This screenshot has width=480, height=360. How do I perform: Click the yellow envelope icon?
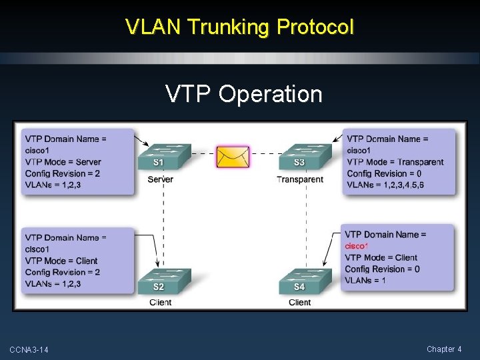tap(233, 157)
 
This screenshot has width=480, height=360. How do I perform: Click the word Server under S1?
tap(160, 179)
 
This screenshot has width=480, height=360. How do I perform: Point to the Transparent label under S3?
tap(300, 179)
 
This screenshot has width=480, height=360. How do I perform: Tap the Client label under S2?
tap(160, 303)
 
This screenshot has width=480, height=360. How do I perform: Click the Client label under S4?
tap(300, 303)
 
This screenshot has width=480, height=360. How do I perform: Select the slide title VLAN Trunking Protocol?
tap(240, 27)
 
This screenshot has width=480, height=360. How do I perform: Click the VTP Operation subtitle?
tap(244, 94)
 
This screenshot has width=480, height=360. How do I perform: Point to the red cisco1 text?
tap(357, 246)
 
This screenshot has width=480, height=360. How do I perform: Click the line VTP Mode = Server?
tap(63, 162)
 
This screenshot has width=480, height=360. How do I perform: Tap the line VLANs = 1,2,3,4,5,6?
tap(385, 185)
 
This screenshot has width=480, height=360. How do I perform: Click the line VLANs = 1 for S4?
tap(365, 280)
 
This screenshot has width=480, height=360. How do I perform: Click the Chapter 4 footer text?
tap(445, 349)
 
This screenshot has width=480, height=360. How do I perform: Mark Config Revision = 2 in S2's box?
tap(63, 272)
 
